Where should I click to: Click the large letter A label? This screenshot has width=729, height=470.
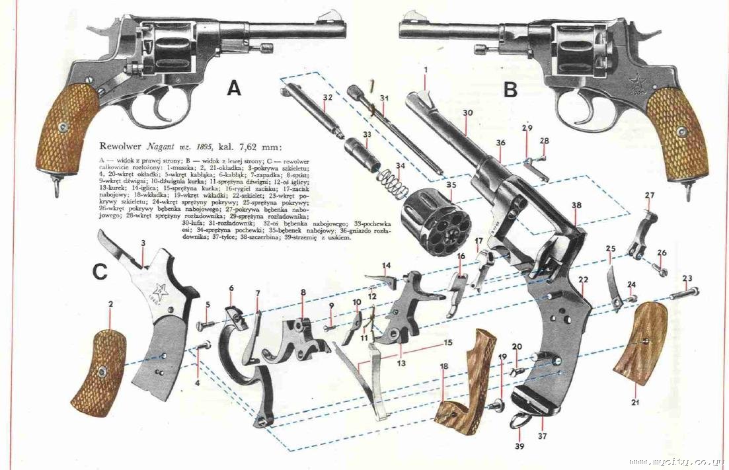[234, 88]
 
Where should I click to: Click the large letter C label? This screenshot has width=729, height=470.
[100, 272]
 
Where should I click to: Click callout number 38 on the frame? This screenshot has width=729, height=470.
[576, 206]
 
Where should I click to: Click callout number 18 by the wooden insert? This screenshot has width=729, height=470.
[443, 366]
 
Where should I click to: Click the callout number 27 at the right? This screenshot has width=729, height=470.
[650, 196]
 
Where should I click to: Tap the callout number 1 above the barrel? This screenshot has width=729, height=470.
[426, 69]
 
